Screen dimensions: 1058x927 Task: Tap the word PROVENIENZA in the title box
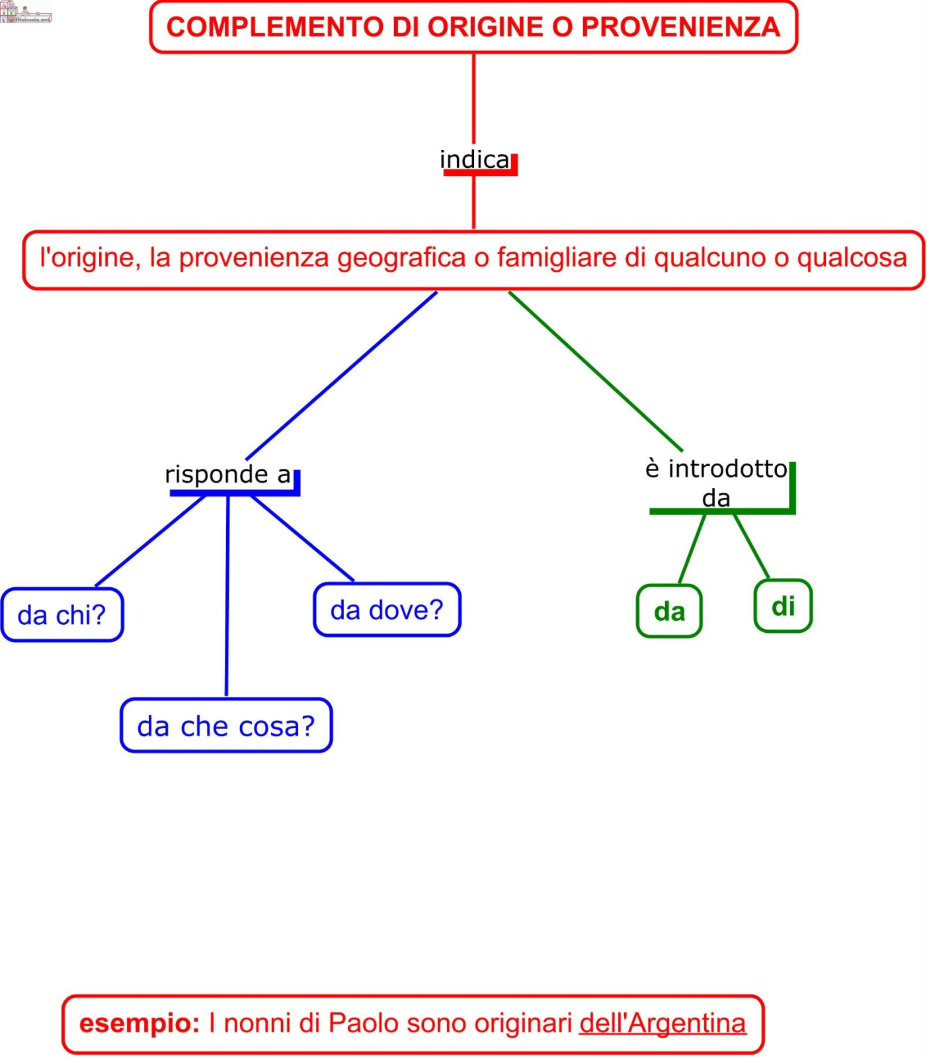click(x=680, y=27)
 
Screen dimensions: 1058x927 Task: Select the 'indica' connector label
click(x=475, y=160)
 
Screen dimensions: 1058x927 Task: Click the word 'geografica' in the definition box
click(x=401, y=258)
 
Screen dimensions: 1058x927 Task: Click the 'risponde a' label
click(x=228, y=475)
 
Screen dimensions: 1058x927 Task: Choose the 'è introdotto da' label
click(x=717, y=483)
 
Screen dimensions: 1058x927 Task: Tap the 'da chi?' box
click(x=61, y=616)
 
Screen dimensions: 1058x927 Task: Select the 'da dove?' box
click(x=387, y=610)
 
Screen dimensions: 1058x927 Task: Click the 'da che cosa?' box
click(x=226, y=726)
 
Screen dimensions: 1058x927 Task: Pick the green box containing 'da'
click(x=669, y=612)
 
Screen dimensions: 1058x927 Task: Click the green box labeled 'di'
click(x=783, y=606)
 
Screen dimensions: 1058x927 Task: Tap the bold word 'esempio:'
click(x=140, y=1023)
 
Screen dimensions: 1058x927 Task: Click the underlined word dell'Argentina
click(x=663, y=1023)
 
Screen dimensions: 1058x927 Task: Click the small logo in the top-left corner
click(x=25, y=12)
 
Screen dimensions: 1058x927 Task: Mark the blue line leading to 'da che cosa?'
click(x=227, y=595)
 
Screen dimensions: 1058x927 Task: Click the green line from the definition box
click(x=595, y=371)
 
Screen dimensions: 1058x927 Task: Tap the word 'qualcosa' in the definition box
click(x=852, y=258)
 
